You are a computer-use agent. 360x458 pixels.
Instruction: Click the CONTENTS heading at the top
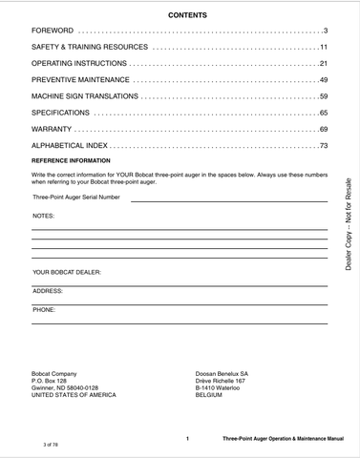pyautogui.click(x=180, y=17)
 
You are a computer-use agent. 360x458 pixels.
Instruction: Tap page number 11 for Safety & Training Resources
pyautogui.click(x=324, y=46)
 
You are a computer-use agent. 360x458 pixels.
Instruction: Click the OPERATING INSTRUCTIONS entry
pyautogui.click(x=74, y=60)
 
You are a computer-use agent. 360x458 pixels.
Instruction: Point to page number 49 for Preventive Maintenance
pyautogui.click(x=324, y=79)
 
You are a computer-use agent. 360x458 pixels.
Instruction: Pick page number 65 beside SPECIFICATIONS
pyautogui.click(x=324, y=112)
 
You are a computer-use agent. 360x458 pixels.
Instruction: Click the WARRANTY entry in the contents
pyautogui.click(x=52, y=128)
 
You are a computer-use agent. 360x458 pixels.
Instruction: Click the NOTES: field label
pyautogui.click(x=44, y=217)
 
